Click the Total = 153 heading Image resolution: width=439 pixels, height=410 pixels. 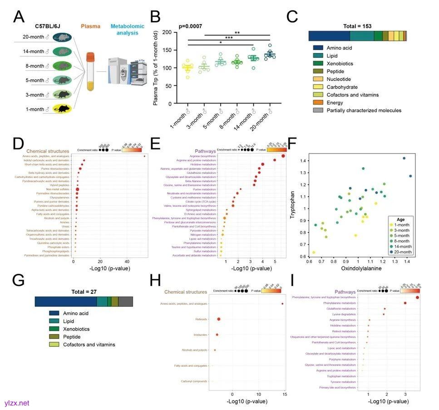point(357,26)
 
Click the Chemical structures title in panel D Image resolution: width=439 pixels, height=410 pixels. point(48,151)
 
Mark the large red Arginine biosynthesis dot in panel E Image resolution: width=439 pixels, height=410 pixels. point(283,156)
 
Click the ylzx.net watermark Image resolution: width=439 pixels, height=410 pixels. point(15,403)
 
